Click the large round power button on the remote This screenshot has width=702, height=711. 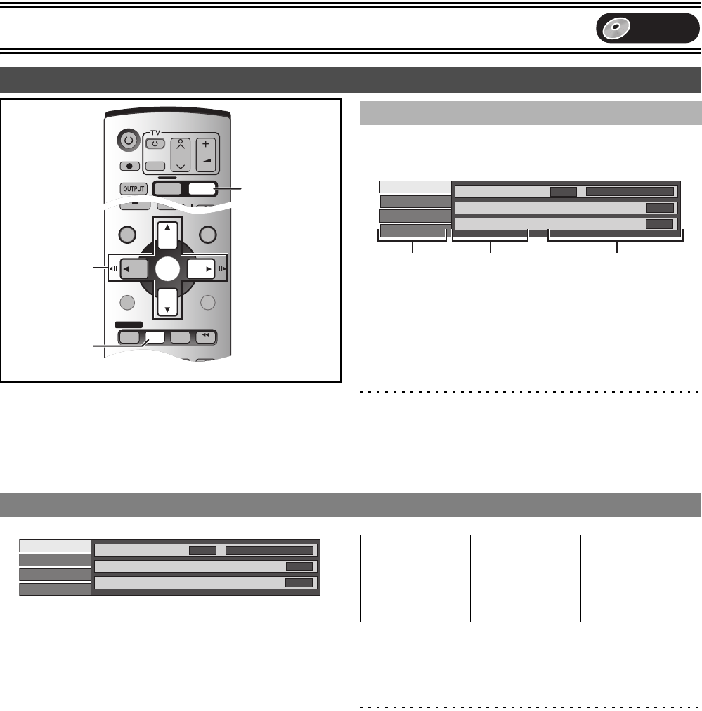pos(129,140)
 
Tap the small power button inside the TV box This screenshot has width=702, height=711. pos(155,144)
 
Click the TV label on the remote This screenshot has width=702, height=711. pos(155,132)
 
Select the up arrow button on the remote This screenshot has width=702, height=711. pos(167,233)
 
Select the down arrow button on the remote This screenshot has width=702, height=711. pos(167,302)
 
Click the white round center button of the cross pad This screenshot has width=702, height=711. pos(168,269)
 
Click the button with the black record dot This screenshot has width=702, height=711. pos(130,166)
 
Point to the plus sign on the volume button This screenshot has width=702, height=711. pos(205,144)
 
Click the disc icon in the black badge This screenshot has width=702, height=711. pos(616,28)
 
